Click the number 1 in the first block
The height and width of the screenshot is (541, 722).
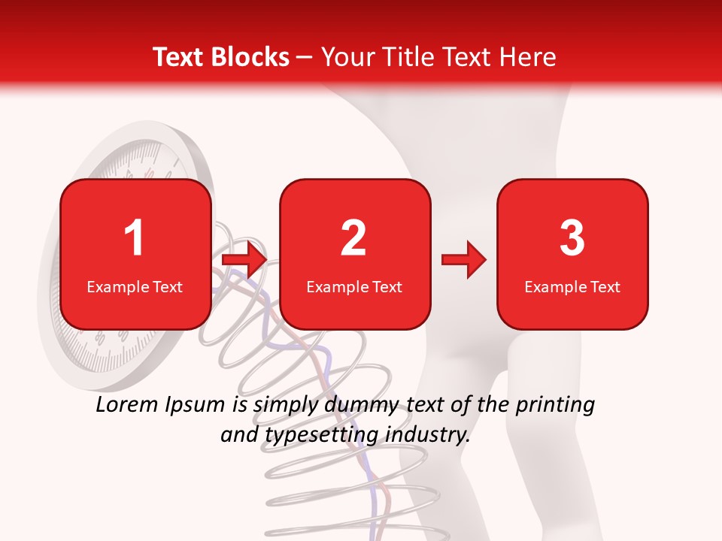pos(134,238)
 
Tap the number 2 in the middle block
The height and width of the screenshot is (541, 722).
pos(353,238)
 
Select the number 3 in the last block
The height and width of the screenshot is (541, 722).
pos(572,238)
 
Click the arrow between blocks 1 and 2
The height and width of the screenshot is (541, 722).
pos(245,259)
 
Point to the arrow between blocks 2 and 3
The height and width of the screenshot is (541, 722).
pos(464,259)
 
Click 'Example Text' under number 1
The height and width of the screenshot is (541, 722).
pos(135,287)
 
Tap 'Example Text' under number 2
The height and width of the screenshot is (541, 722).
pos(354,287)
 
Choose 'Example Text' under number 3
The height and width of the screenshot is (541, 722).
pos(572,287)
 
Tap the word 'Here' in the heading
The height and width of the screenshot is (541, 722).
pos(528,57)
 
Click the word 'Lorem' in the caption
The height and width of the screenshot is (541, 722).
pos(128,405)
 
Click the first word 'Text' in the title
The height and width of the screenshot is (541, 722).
pos(178,57)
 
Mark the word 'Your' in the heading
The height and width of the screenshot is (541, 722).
pos(345,57)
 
